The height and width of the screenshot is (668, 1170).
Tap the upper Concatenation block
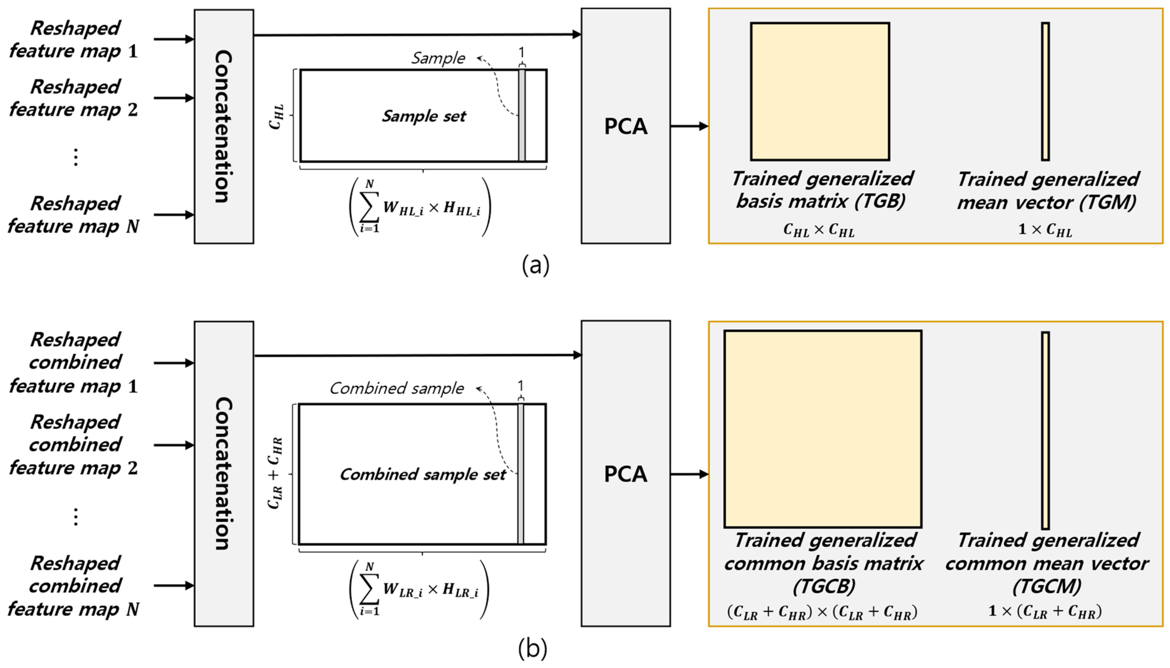(x=223, y=126)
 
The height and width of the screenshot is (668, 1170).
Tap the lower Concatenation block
(x=223, y=473)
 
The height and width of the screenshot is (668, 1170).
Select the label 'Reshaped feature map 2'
(x=73, y=98)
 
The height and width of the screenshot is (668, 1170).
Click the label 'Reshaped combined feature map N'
(x=73, y=586)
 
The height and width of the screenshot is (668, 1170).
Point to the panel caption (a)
(x=535, y=265)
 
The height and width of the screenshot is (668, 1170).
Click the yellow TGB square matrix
(x=819, y=91)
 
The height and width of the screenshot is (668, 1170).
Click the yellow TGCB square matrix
(x=822, y=428)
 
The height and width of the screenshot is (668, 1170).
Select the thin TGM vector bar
(x=1045, y=91)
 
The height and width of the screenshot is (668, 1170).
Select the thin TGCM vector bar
(x=1045, y=430)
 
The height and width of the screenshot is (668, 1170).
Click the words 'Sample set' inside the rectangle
(x=424, y=116)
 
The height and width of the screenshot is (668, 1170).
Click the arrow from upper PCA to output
(x=689, y=126)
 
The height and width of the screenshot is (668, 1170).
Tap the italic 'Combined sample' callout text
(x=396, y=388)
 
